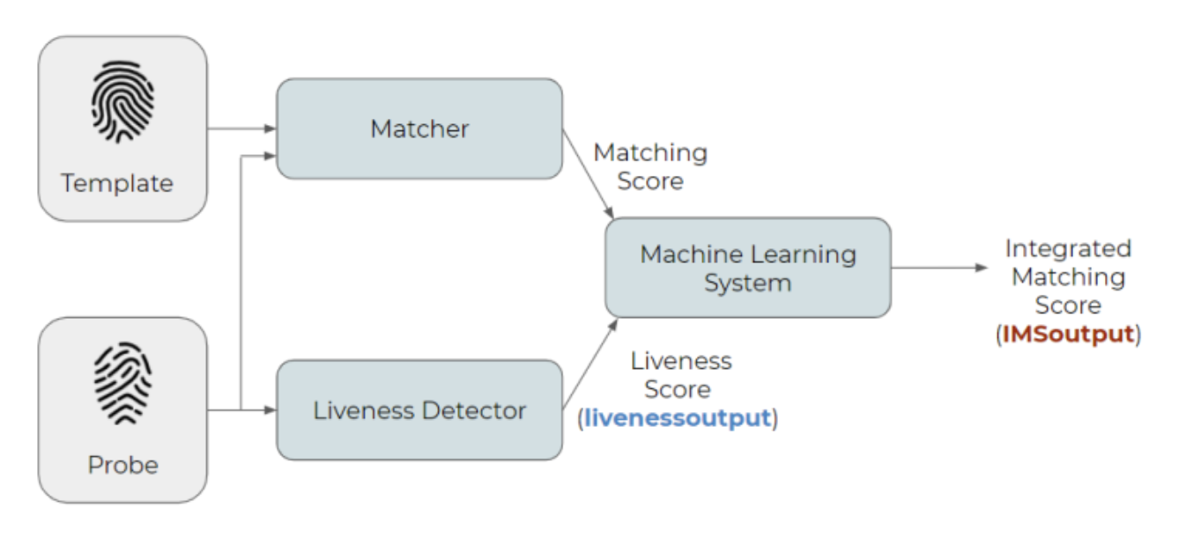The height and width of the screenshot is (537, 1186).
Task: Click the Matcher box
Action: [419, 129]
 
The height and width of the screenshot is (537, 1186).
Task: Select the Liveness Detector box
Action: [419, 410]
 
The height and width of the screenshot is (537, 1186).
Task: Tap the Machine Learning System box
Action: [747, 268]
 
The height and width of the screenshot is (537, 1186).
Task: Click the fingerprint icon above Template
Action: [122, 102]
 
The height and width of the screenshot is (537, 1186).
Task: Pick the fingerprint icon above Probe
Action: [122, 384]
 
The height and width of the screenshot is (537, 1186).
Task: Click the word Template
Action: [117, 183]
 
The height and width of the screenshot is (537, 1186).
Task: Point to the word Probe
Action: [122, 465]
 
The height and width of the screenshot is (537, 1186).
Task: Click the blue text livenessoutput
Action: [678, 417]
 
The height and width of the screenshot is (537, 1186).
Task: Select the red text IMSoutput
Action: [1068, 335]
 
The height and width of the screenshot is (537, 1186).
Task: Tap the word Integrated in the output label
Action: [1068, 248]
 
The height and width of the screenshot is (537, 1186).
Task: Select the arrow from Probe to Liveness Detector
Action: [256, 409]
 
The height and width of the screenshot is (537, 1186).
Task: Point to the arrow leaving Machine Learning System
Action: [938, 268]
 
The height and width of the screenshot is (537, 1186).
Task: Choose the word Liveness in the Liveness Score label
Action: [681, 361]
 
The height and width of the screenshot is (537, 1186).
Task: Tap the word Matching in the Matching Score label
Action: [650, 152]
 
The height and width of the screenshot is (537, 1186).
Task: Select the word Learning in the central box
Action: [803, 254]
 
